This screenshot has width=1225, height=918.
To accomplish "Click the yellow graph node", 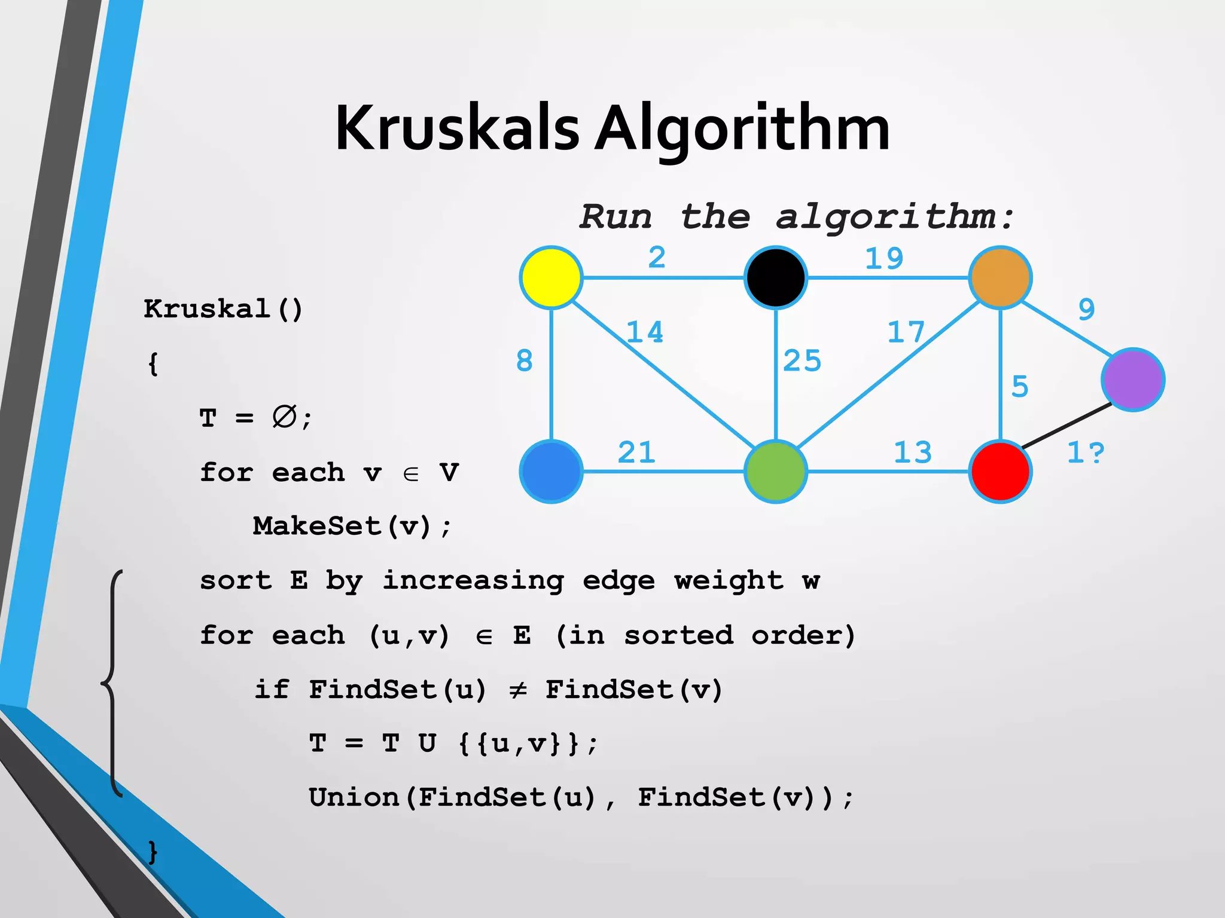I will point(551,277).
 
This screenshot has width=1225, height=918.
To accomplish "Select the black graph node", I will point(775,277).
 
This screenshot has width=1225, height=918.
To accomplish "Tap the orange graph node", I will point(1000,277).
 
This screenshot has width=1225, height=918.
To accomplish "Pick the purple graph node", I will point(1133,380).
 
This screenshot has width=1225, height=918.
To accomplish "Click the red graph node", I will point(1000,472).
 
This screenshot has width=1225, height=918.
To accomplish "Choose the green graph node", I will point(775,472).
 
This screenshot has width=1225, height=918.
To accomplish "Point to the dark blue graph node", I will point(551,472).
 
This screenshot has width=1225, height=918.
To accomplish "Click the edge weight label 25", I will point(802,361).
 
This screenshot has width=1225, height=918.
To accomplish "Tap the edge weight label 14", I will point(644,332).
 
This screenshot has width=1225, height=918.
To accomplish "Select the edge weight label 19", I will point(883,259).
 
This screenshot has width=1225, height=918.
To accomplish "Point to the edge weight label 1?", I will point(1085,452).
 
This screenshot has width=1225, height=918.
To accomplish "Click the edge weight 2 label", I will point(657,258).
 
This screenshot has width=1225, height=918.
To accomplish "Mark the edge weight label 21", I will point(636,452).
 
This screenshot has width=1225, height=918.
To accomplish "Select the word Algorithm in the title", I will point(742,128).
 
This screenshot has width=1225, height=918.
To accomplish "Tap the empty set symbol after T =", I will point(284,417).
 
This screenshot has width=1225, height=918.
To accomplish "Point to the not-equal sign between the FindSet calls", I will point(517,690).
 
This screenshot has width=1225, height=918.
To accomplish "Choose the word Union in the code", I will point(354,798).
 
